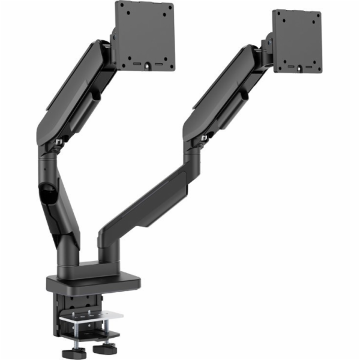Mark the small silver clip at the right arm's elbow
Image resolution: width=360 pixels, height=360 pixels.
[x=205, y=139]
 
